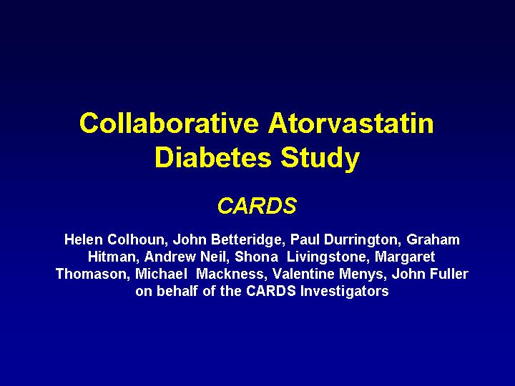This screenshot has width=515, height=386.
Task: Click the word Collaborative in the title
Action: [169, 123]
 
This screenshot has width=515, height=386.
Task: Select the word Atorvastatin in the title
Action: [350, 123]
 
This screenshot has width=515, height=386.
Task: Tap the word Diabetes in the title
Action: [213, 157]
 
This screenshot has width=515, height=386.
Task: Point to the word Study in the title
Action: [320, 159]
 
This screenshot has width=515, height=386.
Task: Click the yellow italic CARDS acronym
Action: [257, 206]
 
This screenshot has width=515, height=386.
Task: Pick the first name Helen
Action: [84, 239]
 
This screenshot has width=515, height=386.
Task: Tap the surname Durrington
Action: [362, 240]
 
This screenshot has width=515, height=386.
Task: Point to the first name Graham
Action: [433, 239]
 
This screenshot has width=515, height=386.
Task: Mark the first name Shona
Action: [257, 257]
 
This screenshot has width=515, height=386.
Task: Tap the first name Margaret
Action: [405, 257]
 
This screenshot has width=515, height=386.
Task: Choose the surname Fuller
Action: [449, 273]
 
